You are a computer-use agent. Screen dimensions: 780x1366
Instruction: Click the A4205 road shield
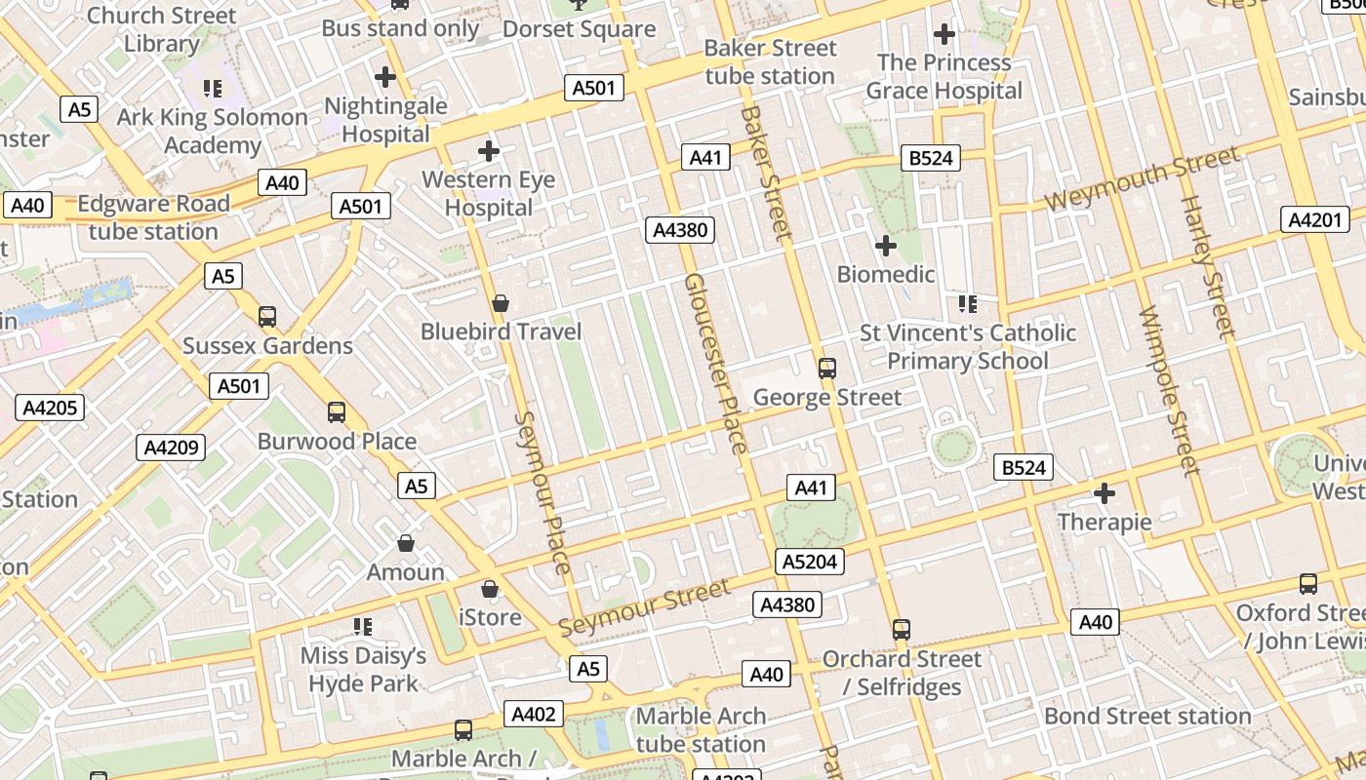point(50,408)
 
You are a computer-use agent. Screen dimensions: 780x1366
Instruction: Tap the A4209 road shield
point(171,448)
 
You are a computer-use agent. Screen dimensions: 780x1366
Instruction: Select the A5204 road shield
point(809,562)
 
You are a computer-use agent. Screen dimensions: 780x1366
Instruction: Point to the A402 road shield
point(534,715)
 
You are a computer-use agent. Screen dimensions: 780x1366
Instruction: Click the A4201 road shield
point(1315,220)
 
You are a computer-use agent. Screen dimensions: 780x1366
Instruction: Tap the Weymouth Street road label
point(1142,177)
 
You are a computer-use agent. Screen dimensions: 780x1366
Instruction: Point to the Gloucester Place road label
point(715,364)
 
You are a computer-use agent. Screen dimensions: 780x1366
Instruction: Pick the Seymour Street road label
point(644,607)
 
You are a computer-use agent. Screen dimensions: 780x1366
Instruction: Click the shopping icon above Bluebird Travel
point(501,304)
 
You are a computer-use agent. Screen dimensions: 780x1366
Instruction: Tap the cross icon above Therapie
point(1105,493)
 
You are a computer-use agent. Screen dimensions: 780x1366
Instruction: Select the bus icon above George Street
point(827,369)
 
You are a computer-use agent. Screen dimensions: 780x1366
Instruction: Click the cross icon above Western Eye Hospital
point(489,151)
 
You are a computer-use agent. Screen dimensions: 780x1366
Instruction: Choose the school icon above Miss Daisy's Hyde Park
point(363,627)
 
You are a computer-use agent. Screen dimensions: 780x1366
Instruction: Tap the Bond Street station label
point(1147,716)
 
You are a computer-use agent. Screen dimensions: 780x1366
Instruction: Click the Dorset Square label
point(579,29)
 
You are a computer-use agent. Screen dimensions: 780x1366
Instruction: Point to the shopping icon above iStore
point(490,589)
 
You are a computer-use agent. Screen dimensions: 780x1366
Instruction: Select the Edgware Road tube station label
point(153,217)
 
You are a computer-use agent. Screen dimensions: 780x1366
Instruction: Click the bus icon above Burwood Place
point(337,412)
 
